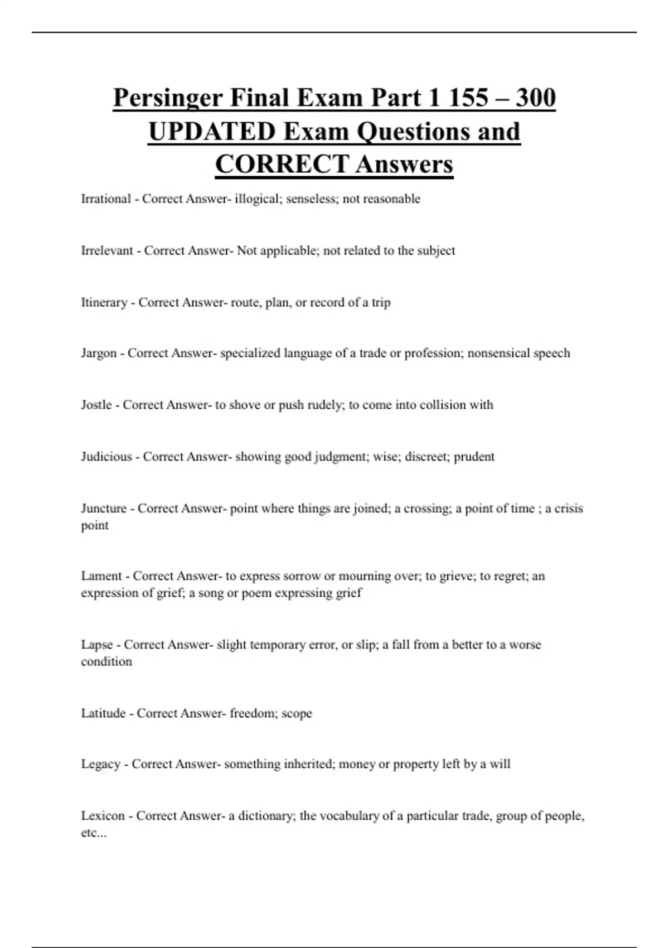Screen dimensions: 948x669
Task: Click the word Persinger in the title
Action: (167, 99)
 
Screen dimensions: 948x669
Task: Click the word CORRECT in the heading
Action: (282, 165)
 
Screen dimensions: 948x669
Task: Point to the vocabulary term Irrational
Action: (106, 199)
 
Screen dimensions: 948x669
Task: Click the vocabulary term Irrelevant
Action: (107, 251)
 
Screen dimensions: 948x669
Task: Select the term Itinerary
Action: (104, 302)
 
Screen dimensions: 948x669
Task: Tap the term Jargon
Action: (99, 354)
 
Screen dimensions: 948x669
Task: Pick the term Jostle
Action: (96, 405)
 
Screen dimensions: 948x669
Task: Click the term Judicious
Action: (106, 457)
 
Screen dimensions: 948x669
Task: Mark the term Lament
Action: (101, 576)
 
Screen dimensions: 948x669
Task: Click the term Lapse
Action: (97, 645)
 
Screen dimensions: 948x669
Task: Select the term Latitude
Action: (103, 713)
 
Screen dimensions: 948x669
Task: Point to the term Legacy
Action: (100, 764)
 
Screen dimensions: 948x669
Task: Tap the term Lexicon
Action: (103, 816)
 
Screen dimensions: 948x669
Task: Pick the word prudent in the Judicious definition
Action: (474, 457)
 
